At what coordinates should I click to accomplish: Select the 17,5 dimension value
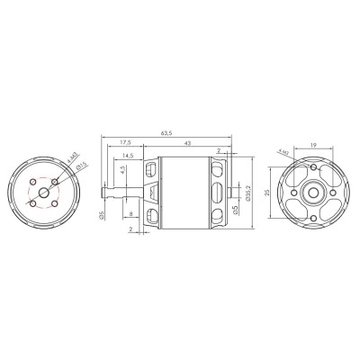point(125,142)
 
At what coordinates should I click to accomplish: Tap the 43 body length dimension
point(187,142)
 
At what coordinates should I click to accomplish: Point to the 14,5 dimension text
point(130,156)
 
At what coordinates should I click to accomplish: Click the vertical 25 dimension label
point(266,193)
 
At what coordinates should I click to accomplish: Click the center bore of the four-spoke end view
point(311,193)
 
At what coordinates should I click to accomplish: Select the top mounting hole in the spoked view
point(311,167)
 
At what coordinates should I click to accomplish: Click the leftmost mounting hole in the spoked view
point(287,193)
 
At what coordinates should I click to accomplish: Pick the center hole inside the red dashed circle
point(43,192)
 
